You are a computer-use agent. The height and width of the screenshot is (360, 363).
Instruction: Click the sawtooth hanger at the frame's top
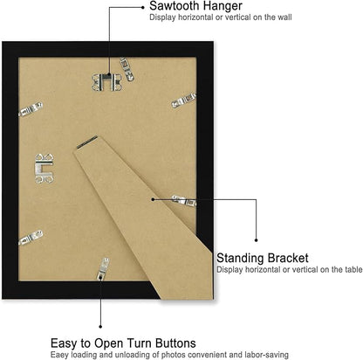click(106, 82)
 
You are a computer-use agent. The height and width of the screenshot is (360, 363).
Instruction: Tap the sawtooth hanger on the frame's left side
click(45, 169)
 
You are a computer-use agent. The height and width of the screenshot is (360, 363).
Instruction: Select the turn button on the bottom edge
click(103, 268)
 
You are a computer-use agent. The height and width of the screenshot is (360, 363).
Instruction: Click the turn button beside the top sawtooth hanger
click(127, 69)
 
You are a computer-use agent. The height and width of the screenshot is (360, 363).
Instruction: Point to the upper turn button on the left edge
click(31, 109)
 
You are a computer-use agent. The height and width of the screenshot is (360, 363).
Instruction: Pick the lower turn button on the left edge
click(31, 238)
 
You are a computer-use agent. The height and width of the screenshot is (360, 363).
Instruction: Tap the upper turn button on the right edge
click(184, 100)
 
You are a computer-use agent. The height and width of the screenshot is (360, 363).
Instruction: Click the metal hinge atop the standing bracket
click(86, 142)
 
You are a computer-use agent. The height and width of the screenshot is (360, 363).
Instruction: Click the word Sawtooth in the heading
click(175, 6)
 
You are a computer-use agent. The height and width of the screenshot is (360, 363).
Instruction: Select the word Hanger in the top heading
click(223, 6)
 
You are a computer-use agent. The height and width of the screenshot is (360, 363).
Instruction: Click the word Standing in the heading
click(240, 259)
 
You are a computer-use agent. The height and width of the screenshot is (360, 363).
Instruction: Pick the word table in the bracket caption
click(353, 269)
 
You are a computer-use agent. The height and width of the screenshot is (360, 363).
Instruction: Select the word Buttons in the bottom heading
click(175, 343)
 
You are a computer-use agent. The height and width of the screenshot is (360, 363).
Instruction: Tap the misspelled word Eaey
click(59, 355)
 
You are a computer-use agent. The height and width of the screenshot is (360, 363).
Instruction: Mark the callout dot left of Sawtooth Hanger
click(142, 7)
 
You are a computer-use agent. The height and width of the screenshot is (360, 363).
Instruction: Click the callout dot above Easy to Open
click(100, 327)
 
